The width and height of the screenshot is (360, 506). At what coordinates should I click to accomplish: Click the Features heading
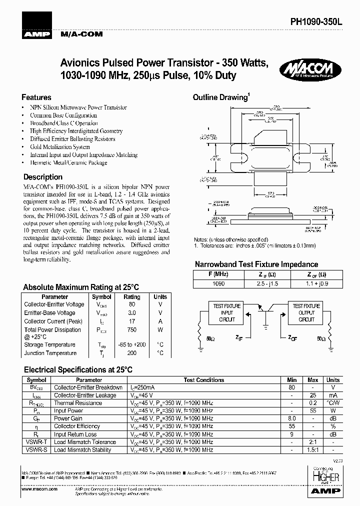tap(36, 97)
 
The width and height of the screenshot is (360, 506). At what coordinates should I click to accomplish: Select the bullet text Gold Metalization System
tap(60, 147)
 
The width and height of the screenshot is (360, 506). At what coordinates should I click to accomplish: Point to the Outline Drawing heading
tap(220, 97)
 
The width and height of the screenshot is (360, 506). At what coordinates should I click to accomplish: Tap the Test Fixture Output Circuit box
tap(306, 312)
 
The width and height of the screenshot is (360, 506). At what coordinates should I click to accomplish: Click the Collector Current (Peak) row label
tap(53, 321)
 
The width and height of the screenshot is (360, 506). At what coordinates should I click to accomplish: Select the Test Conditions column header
tap(204, 380)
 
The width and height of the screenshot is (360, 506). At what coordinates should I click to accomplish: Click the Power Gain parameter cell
tap(68, 418)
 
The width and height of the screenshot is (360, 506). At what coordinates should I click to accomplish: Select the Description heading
tap(43, 177)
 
